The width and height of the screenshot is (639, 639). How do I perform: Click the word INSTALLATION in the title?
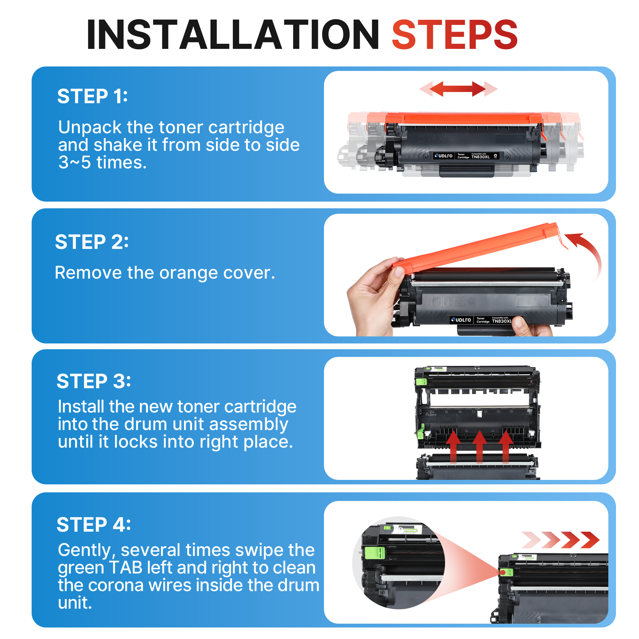pyautogui.click(x=233, y=35)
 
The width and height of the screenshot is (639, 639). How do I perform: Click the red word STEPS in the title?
pyautogui.click(x=455, y=35)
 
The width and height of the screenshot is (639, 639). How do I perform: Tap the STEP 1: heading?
pyautogui.click(x=92, y=96)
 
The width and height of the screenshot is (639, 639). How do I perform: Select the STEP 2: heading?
pyautogui.click(x=92, y=242)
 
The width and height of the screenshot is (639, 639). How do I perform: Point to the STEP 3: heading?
pyautogui.click(x=94, y=381)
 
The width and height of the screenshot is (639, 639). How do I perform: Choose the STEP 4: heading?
pyautogui.click(x=94, y=525)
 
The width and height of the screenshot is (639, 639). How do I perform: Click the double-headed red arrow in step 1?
pyautogui.click(x=458, y=89)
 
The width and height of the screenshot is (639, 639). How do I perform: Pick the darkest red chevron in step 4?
pyautogui.click(x=590, y=540)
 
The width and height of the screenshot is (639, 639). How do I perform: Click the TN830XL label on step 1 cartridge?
pyautogui.click(x=480, y=157)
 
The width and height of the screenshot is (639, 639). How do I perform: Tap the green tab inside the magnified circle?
pyautogui.click(x=375, y=553)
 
